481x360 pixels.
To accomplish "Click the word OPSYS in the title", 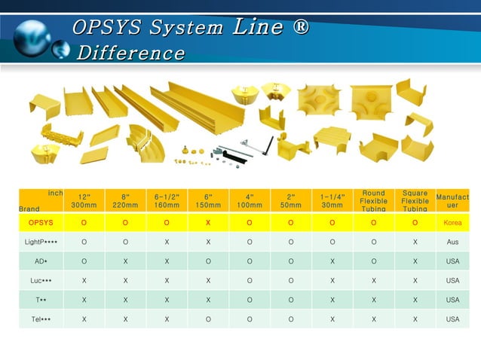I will (x=109, y=29).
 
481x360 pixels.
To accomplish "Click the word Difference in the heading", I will (x=130, y=53).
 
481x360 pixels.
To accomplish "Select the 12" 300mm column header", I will (x=84, y=200).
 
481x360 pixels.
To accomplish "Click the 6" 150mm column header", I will (x=207, y=200).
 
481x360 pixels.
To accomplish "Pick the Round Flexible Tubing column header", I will (x=373, y=200).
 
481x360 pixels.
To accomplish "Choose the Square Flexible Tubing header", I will (x=415, y=200).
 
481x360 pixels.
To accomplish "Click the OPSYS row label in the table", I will (x=41, y=223).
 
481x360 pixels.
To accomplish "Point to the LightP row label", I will (x=41, y=242).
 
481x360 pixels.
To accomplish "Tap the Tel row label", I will (x=41, y=319).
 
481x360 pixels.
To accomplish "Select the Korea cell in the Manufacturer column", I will (x=452, y=223).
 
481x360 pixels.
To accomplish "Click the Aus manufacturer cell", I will (x=452, y=242).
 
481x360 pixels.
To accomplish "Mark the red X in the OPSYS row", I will (x=207, y=223).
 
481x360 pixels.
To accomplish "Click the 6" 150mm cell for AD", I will (x=207, y=261).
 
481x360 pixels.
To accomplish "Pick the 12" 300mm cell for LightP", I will (x=84, y=242).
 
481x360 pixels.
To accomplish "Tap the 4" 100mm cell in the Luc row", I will (x=249, y=281).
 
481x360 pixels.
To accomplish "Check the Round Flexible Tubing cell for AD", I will (x=373, y=261).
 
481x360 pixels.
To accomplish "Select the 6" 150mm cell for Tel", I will (x=207, y=319).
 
